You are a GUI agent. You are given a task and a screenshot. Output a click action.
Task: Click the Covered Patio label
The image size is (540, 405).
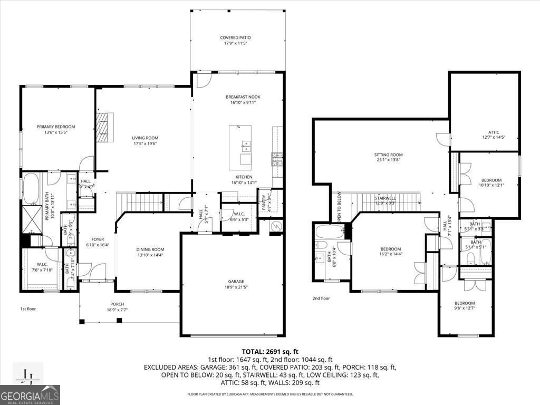click(x=235, y=37)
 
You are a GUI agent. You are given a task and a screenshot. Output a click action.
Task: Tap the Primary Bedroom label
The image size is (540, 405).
click(x=56, y=127)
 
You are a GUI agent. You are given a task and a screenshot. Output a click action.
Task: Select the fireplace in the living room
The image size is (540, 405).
click(x=104, y=127)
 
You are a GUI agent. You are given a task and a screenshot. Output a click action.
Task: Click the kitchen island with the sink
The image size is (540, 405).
click(x=240, y=145)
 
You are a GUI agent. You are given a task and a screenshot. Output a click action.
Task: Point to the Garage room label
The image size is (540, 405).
click(x=233, y=281)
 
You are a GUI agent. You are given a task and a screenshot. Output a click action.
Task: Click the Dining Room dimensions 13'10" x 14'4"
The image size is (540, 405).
click(x=150, y=255)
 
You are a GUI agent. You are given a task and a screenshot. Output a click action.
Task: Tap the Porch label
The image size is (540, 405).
click(x=117, y=304)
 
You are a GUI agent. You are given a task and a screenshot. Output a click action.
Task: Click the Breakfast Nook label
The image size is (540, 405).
click(x=243, y=97)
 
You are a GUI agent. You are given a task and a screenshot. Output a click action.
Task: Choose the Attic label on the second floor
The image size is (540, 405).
click(x=494, y=132)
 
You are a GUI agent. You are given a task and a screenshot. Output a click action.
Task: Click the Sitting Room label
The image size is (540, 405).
click(x=388, y=155)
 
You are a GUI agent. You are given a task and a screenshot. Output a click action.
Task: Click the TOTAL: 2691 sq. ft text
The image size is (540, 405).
click(x=270, y=351)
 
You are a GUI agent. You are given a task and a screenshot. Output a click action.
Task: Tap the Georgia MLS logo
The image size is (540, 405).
click(x=30, y=395)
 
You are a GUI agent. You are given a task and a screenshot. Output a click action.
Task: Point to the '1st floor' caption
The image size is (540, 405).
click(x=28, y=308)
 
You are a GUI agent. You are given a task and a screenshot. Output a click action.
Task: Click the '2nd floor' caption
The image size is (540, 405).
click(x=321, y=298)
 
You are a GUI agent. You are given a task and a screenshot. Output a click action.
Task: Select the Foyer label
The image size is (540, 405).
click(x=98, y=238)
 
